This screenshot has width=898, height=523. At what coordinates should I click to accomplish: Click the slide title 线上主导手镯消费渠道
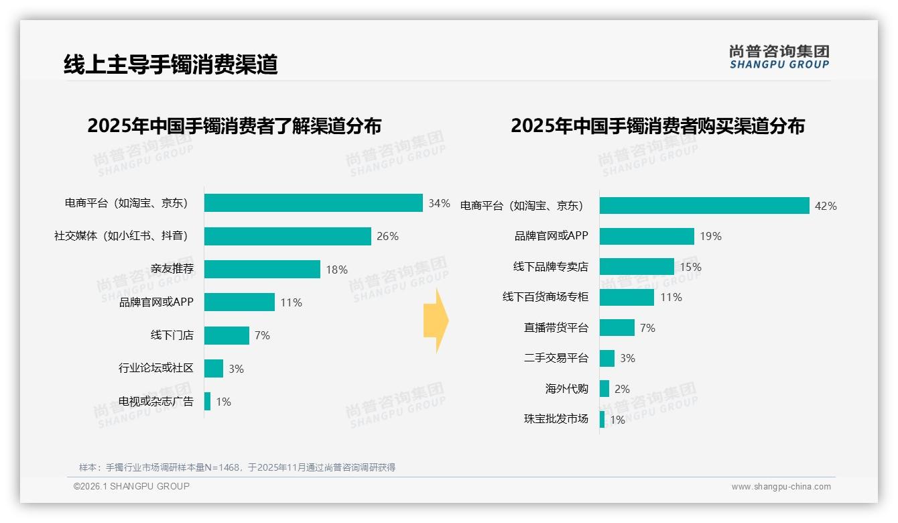[170, 64]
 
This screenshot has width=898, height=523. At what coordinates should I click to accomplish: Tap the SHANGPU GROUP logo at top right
[779, 56]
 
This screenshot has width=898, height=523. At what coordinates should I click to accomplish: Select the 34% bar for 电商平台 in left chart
[313, 203]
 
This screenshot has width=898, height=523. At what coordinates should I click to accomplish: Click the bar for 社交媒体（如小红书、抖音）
[287, 236]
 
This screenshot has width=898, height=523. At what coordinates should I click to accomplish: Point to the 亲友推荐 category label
[172, 269]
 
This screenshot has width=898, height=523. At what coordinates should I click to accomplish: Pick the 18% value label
[336, 270]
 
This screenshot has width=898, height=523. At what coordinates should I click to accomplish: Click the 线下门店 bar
[227, 335]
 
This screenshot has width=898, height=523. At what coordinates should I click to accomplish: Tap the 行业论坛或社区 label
[155, 368]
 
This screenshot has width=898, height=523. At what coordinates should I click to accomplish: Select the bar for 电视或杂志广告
[208, 401]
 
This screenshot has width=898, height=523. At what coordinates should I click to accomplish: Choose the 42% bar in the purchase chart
[704, 206]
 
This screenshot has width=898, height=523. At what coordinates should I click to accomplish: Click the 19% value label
[710, 236]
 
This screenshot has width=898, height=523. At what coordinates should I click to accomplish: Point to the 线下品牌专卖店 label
[550, 267]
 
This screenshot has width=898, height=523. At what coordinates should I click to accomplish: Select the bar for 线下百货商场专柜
[627, 297]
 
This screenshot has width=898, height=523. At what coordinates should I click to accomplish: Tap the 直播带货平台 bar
[617, 328]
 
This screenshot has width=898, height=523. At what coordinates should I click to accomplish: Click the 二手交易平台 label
[556, 358]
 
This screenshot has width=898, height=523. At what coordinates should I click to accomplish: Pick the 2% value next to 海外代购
[622, 389]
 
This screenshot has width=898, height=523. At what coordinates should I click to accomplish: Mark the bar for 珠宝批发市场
[602, 419]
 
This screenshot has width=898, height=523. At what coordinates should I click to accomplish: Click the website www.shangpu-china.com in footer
[781, 487]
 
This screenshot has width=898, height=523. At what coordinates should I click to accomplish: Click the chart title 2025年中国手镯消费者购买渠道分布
[657, 126]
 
